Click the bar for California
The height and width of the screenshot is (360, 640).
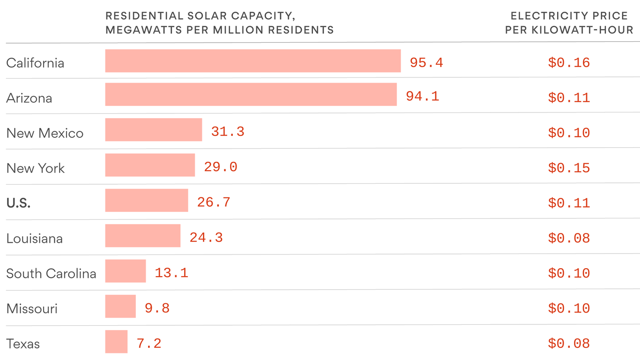pos(253,61)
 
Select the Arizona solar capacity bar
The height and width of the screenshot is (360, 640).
pos(251,95)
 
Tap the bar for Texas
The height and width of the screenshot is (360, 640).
pos(116,342)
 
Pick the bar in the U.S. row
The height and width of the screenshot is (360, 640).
pos(147,201)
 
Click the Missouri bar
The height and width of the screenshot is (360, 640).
pos(120,307)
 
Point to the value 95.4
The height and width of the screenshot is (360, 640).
pos(426,63)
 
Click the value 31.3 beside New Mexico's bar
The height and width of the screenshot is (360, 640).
pos(228,132)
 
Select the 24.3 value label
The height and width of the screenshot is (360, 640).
pos(206,238)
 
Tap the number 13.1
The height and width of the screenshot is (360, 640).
pos(171,273)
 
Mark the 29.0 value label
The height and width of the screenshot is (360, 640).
pos(221,167)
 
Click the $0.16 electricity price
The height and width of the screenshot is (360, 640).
pos(569,63)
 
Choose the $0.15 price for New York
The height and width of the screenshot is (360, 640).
pos(569,168)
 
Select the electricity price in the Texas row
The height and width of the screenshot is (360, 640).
pos(569,344)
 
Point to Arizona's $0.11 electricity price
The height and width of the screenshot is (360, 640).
pos(569,98)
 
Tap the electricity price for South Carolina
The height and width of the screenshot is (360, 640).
pos(569,273)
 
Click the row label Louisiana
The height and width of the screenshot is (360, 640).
pos(34,239)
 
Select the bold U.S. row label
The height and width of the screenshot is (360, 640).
pos(18,203)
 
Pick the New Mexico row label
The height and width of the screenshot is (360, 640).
pos(45,133)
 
